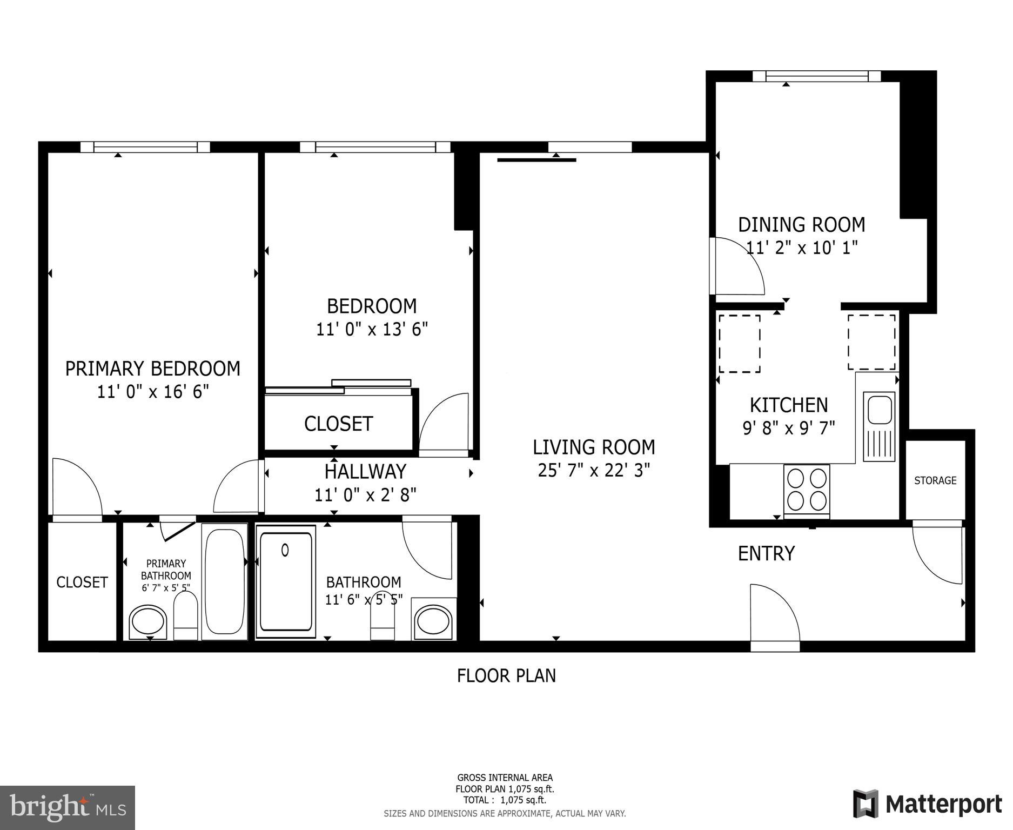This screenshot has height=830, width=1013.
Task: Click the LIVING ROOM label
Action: click(593, 447)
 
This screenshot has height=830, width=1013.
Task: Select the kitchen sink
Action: click(879, 410)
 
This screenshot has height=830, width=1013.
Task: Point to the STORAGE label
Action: click(935, 480)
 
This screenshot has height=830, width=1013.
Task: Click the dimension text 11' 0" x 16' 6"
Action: click(153, 391)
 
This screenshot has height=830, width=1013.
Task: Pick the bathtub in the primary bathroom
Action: click(225, 581)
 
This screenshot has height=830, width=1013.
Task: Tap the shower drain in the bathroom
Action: click(285, 550)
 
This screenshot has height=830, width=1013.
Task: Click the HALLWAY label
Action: click(365, 472)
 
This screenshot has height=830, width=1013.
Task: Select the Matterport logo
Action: click(927, 804)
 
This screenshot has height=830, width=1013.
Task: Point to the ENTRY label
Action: click(766, 553)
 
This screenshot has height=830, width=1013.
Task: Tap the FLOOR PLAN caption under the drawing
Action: click(506, 675)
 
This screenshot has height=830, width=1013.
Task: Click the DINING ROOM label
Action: click(801, 224)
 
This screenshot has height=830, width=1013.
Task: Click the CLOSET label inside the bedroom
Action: click(338, 424)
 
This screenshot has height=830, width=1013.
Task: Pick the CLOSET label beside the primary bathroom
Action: click(82, 582)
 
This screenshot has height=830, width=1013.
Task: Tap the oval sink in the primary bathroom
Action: click(148, 621)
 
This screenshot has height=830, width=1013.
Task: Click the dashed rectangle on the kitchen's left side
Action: click(739, 344)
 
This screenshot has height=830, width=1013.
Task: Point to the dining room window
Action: click(816, 76)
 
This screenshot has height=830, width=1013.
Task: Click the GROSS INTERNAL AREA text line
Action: click(505, 778)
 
